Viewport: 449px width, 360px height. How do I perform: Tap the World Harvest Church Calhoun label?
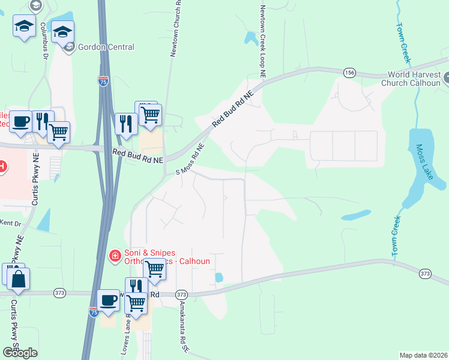[x=414, y=79]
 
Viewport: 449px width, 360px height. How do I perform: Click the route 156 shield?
[x=349, y=73]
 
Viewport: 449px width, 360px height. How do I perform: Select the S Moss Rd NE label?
[x=190, y=159]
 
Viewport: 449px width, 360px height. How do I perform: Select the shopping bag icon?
[x=19, y=279]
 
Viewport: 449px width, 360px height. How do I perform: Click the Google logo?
[x=20, y=352]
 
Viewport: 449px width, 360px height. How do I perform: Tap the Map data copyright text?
[x=423, y=355]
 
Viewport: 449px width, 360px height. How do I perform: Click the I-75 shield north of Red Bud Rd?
[x=103, y=82]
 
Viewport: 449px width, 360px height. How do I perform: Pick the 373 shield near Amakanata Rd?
[x=181, y=295]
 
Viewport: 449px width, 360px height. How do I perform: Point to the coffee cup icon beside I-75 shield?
[x=109, y=299]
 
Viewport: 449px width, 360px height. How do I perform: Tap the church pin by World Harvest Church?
[x=447, y=77]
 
